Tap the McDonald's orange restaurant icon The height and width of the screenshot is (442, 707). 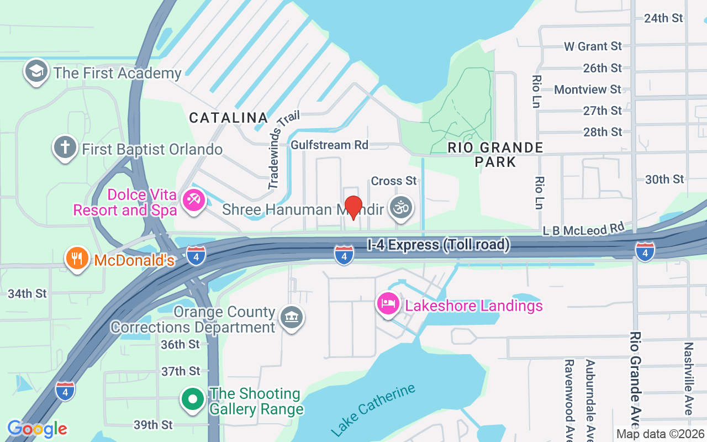[x=77, y=259]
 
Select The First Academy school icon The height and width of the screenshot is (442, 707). [x=36, y=72]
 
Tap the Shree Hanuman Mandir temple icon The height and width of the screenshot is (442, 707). [x=402, y=208]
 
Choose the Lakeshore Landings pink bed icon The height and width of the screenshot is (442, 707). [x=388, y=304]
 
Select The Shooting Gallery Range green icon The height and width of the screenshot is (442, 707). [x=193, y=399]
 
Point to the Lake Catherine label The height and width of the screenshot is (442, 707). [x=374, y=409]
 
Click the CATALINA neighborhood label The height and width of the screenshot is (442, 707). [x=229, y=118]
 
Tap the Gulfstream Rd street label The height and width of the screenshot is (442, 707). [x=329, y=145]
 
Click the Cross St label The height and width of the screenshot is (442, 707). [x=394, y=181]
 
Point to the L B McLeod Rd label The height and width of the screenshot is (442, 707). [x=584, y=229]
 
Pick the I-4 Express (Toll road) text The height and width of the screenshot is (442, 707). [x=439, y=244]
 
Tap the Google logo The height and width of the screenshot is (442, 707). [x=37, y=429]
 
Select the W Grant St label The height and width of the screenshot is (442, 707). [x=593, y=46]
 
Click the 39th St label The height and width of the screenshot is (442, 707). [x=153, y=425]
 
